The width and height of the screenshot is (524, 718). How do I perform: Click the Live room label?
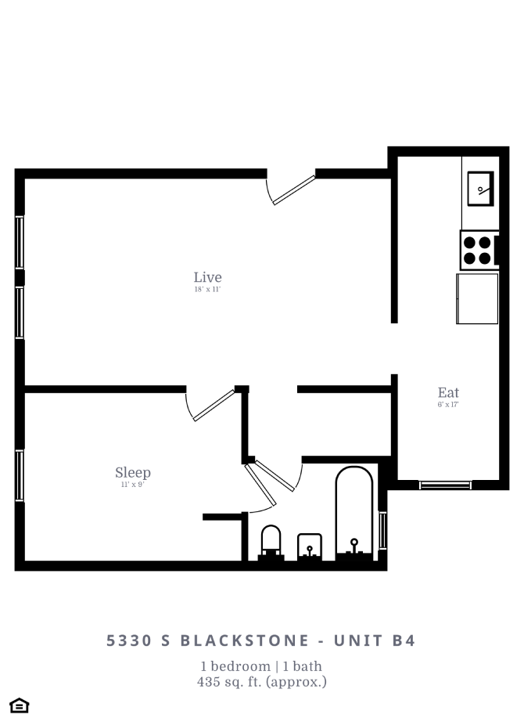tap(207, 277)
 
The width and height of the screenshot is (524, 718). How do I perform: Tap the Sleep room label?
tap(132, 472)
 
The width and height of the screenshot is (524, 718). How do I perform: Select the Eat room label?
tap(448, 392)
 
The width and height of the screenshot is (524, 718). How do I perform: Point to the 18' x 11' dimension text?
tap(207, 290)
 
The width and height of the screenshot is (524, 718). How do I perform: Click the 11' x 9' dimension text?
tap(132, 485)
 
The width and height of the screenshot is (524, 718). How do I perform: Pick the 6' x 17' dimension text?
tap(448, 405)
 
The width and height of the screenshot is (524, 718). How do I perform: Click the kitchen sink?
tap(479, 188)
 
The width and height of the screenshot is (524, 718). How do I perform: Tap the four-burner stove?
tap(477, 250)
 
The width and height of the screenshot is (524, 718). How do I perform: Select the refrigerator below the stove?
tap(477, 298)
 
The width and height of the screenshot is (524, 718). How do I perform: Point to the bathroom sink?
tap(310, 547)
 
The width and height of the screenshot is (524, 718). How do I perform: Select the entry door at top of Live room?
tap(292, 189)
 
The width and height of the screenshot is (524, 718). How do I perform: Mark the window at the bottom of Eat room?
tap(445, 485)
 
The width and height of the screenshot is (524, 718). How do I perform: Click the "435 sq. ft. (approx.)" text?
tap(261, 682)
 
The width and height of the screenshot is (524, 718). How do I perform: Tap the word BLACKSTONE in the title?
tap(245, 640)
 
